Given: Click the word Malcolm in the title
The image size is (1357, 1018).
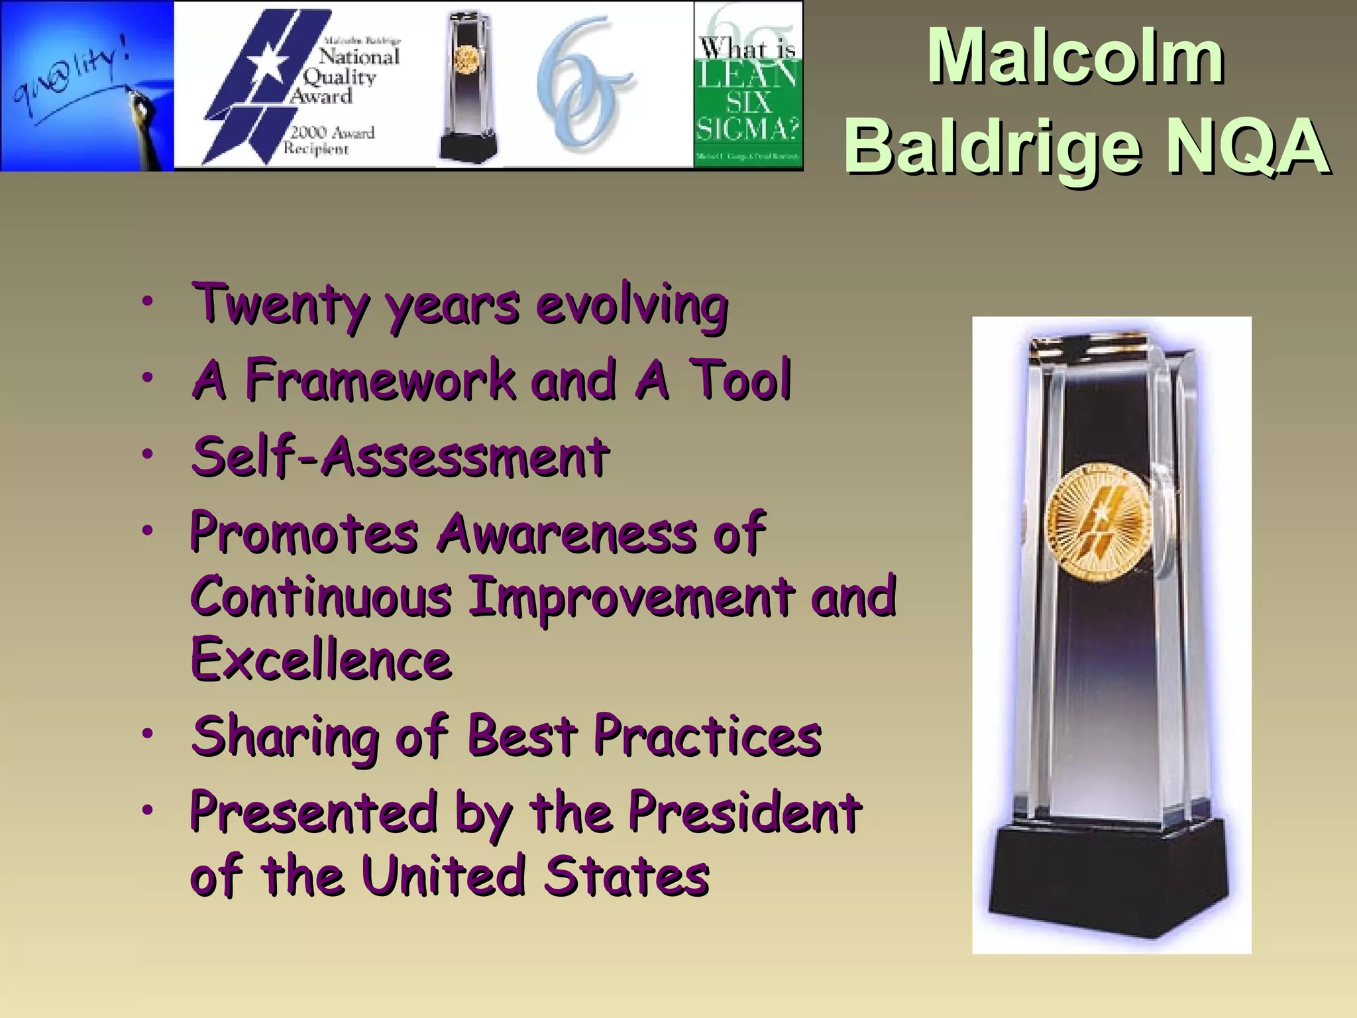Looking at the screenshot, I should pos(1075,58).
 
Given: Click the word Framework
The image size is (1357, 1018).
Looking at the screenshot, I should pos(380,380).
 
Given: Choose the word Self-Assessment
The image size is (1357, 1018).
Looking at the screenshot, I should pos(400,457).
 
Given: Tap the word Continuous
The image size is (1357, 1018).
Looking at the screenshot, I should pos(321,596).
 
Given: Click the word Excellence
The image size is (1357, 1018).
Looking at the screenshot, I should pos(321,660).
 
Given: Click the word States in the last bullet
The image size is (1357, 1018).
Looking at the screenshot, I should pos(626,876).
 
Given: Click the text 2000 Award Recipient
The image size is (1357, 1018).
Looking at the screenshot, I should pos(329,141).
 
